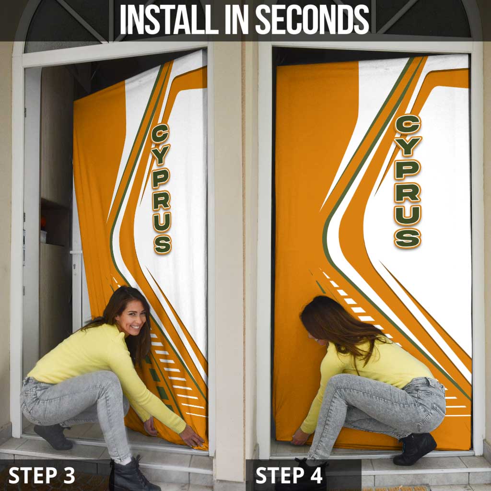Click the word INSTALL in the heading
(169, 19)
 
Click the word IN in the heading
(237, 19)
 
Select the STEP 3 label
(42, 475)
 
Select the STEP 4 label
(289, 475)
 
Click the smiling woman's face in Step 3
(133, 319)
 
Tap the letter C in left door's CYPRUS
(160, 133)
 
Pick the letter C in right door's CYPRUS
(408, 124)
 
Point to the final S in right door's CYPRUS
(408, 238)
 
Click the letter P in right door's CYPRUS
(408, 169)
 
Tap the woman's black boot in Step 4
(415, 448)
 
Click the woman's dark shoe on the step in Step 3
(53, 436)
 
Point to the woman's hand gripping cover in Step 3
(192, 436)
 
